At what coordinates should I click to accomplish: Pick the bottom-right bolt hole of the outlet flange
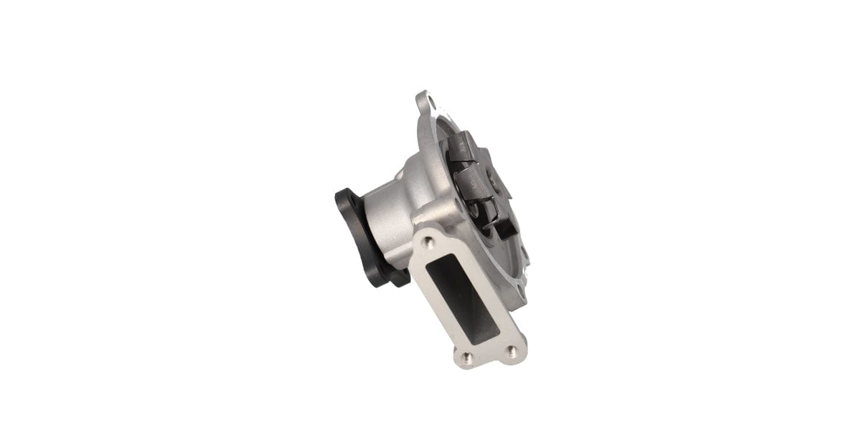(511, 350)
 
